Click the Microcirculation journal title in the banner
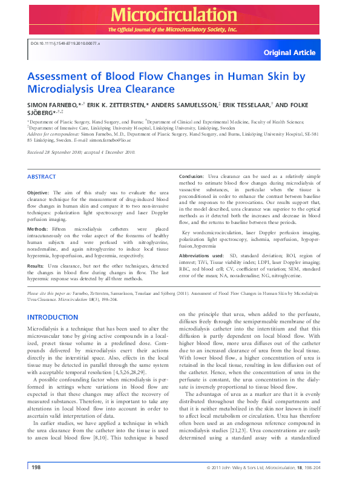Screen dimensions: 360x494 [x=180, y=15]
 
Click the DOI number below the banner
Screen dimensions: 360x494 [x=65, y=44]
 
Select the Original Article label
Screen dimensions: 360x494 [x=289, y=53]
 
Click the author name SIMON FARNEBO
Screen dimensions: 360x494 [x=50, y=105]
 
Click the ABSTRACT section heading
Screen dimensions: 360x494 [x=41, y=176]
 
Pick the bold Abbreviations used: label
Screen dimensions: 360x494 [x=204, y=256]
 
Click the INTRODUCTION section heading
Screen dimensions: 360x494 [x=53, y=317]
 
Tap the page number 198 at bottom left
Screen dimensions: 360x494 [x=36, y=467]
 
